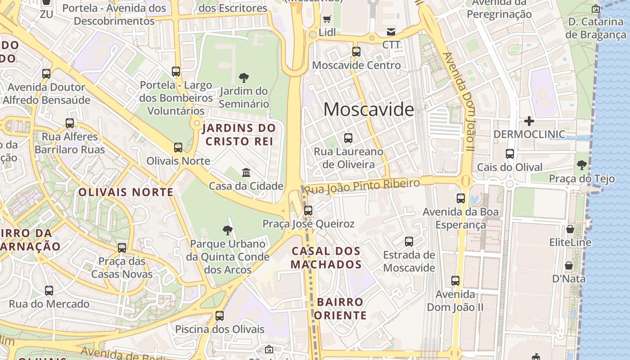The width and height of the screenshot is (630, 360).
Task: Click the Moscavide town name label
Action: pyautogui.click(x=369, y=110)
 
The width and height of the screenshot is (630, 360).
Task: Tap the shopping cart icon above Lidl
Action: pyautogui.click(x=327, y=19)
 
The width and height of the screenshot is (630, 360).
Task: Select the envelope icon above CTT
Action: pyautogui.click(x=391, y=31)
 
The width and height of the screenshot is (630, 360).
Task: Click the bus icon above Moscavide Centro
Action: pyautogui.click(x=356, y=52)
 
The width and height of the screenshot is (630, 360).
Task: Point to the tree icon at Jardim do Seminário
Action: pyautogui.click(x=244, y=78)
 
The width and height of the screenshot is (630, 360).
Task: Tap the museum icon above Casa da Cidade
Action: pyautogui.click(x=246, y=172)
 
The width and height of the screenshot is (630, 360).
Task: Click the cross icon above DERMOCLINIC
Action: pyautogui.click(x=529, y=121)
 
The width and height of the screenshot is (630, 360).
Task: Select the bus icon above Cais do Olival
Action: pyautogui.click(x=510, y=154)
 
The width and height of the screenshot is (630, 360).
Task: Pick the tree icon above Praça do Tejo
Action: pyautogui.click(x=582, y=165)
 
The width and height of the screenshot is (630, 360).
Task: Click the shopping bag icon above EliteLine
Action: pyautogui.click(x=570, y=229)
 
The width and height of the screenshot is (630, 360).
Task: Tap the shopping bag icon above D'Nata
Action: pyautogui.click(x=569, y=265)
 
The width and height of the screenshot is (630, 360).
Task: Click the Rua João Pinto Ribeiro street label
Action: pyautogui.click(x=363, y=186)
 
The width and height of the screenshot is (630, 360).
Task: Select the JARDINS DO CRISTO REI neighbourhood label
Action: pyautogui.click(x=238, y=135)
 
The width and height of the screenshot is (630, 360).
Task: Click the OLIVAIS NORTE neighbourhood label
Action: pyautogui.click(x=126, y=192)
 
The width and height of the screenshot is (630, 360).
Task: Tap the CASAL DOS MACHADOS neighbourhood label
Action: pyautogui.click(x=326, y=257)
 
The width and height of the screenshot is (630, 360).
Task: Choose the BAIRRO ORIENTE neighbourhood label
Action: pyautogui.click(x=340, y=308)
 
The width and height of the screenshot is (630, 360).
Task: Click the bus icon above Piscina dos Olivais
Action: pyautogui.click(x=220, y=316)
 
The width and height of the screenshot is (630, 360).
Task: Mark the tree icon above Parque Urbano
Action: pyautogui.click(x=228, y=230)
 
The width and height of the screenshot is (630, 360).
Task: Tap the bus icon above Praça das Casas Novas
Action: pyautogui.click(x=122, y=248)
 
